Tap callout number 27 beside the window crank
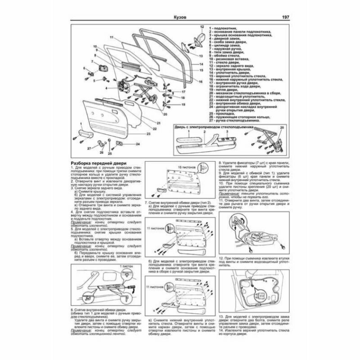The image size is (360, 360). point(89,148)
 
